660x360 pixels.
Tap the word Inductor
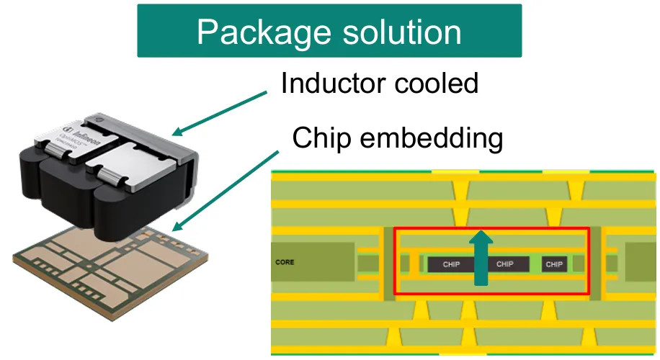click(x=331, y=84)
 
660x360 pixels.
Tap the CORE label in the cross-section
click(x=285, y=262)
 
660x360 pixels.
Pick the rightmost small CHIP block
click(x=554, y=264)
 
